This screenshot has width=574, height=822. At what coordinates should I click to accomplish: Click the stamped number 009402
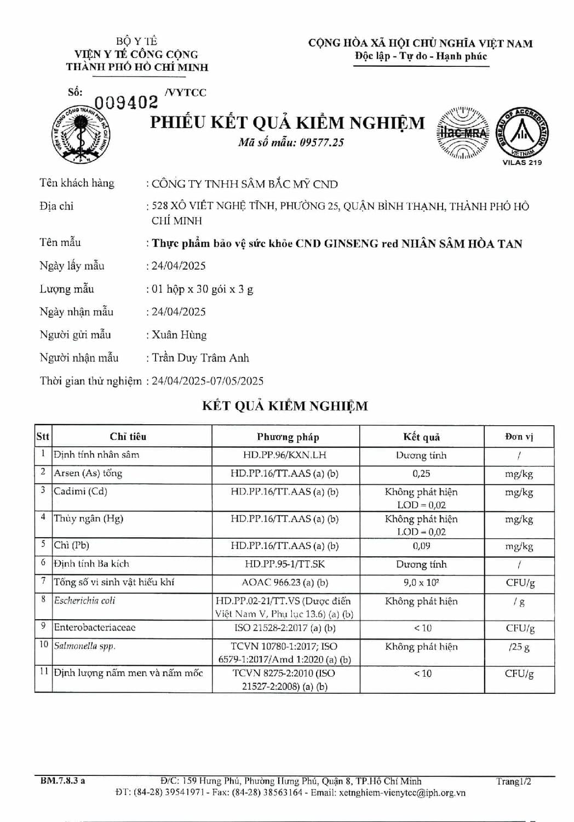[126, 102]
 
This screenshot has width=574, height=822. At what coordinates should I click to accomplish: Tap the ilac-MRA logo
[462, 133]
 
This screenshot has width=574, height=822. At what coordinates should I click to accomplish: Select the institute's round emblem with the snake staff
[82, 134]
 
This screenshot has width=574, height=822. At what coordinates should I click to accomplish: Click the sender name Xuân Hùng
[179, 335]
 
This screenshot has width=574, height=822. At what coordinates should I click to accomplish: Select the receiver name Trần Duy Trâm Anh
[200, 358]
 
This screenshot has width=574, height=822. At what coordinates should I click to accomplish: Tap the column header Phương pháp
[288, 437]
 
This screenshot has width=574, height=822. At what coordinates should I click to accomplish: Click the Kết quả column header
[421, 437]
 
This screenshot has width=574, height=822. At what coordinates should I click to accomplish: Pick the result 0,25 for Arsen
[421, 473]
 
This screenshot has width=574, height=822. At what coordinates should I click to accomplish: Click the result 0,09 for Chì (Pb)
[421, 546]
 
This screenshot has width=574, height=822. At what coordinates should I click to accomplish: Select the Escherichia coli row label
[85, 601]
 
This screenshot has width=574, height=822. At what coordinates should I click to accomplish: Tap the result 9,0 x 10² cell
[421, 583]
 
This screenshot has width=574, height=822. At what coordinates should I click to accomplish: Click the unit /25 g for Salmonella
[519, 647]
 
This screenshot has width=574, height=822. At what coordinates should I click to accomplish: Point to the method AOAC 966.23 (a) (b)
[285, 583]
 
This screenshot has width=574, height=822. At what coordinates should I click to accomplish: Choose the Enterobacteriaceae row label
[95, 627]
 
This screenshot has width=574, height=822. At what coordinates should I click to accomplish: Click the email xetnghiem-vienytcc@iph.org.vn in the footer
[402, 792]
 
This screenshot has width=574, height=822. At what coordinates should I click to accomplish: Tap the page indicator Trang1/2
[514, 781]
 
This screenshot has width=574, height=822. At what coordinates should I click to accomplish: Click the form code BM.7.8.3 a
[62, 781]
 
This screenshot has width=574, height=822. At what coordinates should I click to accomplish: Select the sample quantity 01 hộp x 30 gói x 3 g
[202, 289]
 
